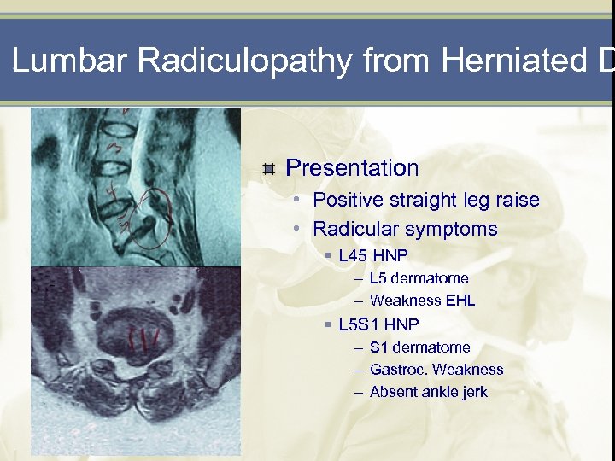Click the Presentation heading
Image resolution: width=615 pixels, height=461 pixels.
[x=352, y=168]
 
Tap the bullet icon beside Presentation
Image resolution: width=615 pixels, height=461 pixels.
[x=269, y=169]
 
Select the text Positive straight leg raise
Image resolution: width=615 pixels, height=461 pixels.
[x=426, y=201]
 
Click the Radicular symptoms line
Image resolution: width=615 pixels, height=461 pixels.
[x=405, y=229]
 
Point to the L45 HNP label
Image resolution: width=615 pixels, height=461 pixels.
[x=373, y=255]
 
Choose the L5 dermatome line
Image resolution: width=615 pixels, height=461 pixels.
[x=419, y=278]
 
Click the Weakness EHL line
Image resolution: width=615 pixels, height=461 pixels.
[x=422, y=301]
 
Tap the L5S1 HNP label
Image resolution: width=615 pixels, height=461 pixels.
[x=378, y=324]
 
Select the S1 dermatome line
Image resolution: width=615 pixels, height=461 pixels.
[x=419, y=347]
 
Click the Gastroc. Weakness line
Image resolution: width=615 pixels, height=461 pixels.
[x=436, y=370]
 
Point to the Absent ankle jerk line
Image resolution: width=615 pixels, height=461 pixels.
[x=428, y=392]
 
